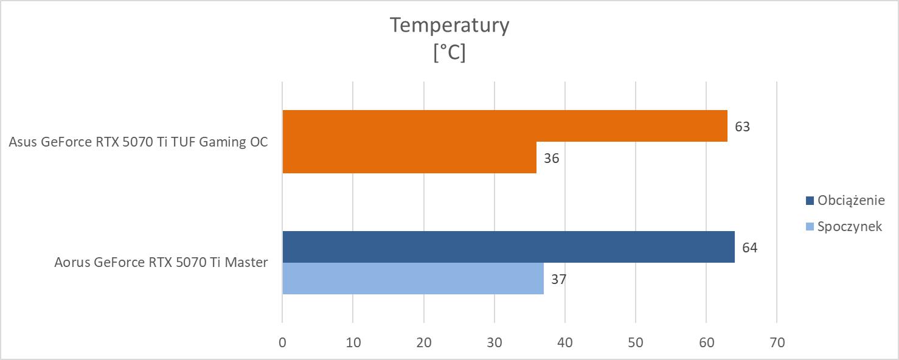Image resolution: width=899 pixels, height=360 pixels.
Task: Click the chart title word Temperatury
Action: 449,26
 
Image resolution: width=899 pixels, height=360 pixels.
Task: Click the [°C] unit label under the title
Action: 449,53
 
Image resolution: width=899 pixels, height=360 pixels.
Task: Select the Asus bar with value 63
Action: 505,126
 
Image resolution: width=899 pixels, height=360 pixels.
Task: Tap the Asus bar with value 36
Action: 409,157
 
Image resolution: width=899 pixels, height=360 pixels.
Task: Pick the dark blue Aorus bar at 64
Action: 509,247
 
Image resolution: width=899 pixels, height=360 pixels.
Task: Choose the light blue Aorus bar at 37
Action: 413,279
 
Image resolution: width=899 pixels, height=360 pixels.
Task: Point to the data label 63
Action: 742,127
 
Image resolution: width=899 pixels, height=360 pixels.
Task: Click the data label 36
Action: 551,159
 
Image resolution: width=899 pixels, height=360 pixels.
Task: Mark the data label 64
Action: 749,248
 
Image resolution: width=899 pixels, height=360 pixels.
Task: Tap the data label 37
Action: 558,280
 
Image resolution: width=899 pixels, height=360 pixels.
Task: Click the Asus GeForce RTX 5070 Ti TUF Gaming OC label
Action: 139,142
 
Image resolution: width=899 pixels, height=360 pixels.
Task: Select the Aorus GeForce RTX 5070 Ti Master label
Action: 161,263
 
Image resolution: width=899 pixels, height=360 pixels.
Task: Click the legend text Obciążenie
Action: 850,201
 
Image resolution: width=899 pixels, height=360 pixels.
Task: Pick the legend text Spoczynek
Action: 850,227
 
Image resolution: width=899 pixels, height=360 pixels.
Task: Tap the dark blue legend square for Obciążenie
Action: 810,201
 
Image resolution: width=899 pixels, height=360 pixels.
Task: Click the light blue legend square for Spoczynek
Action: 810,227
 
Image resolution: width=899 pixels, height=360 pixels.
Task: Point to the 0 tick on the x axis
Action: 282,342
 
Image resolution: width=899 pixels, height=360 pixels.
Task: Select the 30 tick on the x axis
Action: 495,342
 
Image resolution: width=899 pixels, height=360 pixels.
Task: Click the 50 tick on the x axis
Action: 636,342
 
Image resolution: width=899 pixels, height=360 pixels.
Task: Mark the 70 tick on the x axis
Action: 777,342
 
